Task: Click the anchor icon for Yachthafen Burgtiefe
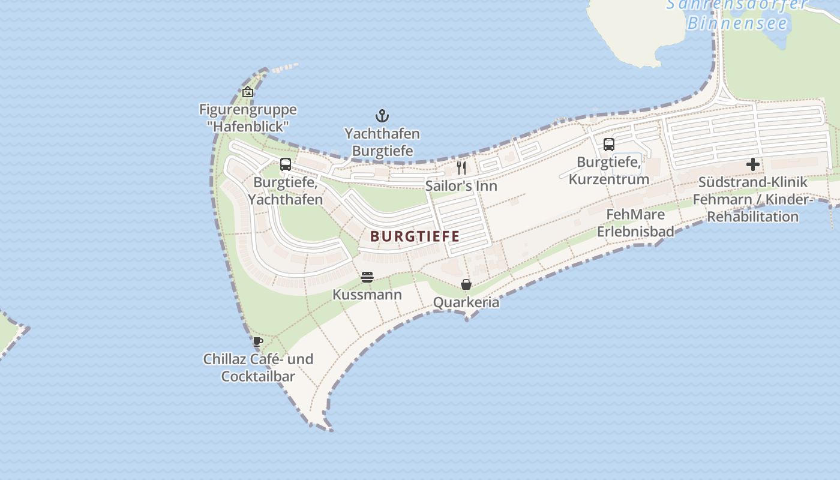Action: pyautogui.click(x=382, y=116)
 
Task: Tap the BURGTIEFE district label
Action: pyautogui.click(x=415, y=236)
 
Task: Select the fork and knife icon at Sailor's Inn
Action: pyautogui.click(x=461, y=167)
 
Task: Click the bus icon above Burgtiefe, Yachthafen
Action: pyautogui.click(x=286, y=164)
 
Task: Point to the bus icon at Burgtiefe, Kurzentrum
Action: pyautogui.click(x=608, y=145)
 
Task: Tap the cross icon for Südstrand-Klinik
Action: pyautogui.click(x=752, y=164)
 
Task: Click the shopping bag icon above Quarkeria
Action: pyautogui.click(x=466, y=284)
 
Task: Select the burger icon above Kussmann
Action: pyautogui.click(x=367, y=277)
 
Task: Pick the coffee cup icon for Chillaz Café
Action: pyautogui.click(x=258, y=342)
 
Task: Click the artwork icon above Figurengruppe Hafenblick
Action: pyautogui.click(x=247, y=92)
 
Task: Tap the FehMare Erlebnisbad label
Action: pyautogui.click(x=635, y=223)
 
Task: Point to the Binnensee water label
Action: pyautogui.click(x=737, y=23)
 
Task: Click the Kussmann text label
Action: pyautogui.click(x=367, y=295)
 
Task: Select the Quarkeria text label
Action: pyautogui.click(x=466, y=302)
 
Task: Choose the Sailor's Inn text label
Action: pyautogui.click(x=461, y=185)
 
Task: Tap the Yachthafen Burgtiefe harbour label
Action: pyautogui.click(x=382, y=142)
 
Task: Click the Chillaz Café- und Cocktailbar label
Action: pyautogui.click(x=258, y=368)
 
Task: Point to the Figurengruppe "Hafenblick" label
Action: pyautogui.click(x=248, y=118)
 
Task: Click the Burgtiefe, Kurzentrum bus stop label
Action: pyautogui.click(x=608, y=170)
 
